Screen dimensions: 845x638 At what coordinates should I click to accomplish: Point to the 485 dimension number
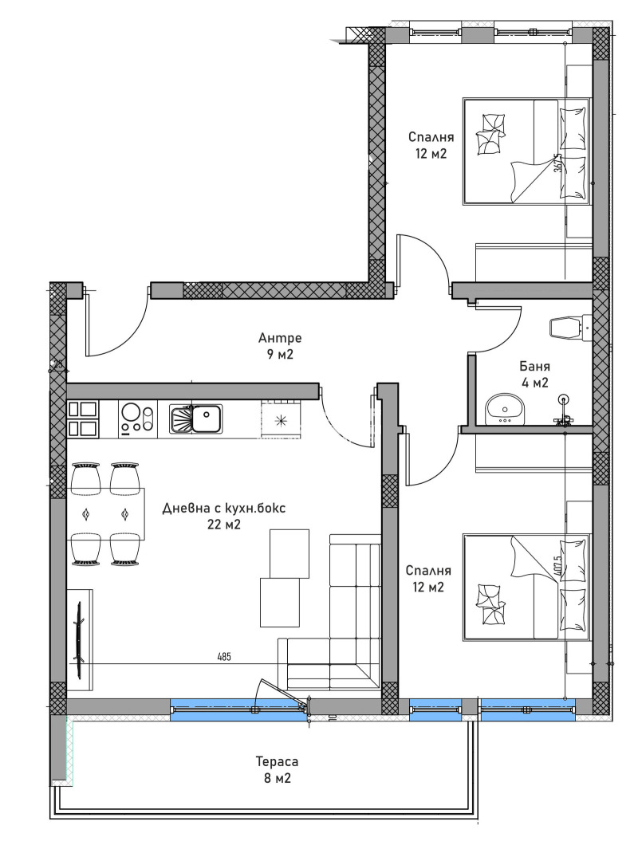point(224,657)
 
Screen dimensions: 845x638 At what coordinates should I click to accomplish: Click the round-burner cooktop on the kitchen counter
point(136,419)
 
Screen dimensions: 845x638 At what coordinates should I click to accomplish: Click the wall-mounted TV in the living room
point(79,634)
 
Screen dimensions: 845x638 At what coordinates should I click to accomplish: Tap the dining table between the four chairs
point(106,514)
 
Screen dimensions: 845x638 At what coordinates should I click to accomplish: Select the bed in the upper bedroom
point(526,151)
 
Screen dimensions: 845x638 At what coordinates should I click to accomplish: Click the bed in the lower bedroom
point(526,587)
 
